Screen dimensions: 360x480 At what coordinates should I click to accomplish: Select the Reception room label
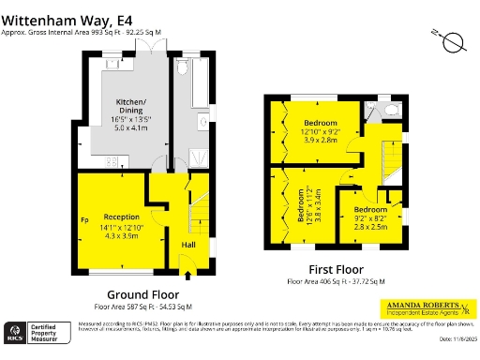point(121,217)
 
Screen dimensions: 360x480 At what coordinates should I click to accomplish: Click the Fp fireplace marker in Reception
point(83,221)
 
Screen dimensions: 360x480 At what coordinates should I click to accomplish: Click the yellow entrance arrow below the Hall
point(188,274)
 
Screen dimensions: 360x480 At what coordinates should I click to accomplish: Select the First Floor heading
point(335,269)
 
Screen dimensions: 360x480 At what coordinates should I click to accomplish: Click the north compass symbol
point(453,41)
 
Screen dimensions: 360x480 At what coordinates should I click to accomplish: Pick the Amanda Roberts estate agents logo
point(422,307)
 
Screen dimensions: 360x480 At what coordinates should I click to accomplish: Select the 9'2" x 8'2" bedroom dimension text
point(370,218)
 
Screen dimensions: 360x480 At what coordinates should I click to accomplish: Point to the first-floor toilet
point(393,110)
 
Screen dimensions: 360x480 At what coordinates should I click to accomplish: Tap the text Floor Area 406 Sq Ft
point(335,280)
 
